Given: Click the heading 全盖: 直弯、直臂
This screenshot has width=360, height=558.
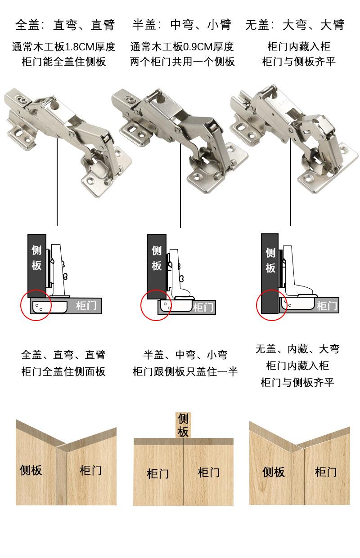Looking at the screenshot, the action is pos(65,25).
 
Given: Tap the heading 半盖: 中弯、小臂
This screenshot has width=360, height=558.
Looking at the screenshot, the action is pos(182,25).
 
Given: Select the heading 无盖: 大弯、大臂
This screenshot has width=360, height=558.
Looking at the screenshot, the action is pos(295,25).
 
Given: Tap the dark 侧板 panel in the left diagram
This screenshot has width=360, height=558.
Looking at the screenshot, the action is pos(36,266).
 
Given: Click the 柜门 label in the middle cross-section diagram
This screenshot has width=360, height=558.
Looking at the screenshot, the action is pos(203,307).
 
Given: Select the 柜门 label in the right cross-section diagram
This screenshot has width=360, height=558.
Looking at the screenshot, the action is pos(327,306).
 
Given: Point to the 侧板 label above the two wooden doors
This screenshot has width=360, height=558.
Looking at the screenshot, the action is pos(183,425).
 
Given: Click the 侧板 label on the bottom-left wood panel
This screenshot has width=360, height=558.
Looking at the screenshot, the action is pos(31,470).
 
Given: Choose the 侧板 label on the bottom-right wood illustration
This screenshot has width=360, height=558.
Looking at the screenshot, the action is pos(274,472).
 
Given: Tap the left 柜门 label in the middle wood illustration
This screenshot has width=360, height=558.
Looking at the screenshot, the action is pos(157,473).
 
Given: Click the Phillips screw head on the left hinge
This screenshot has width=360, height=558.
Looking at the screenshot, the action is pos(22,100).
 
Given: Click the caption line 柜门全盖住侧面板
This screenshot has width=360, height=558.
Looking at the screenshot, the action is pos(63,371).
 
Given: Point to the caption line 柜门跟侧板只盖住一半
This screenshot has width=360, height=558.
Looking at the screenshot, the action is pos(185,371).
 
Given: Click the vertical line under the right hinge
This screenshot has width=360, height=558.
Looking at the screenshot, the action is pos(290,182).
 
